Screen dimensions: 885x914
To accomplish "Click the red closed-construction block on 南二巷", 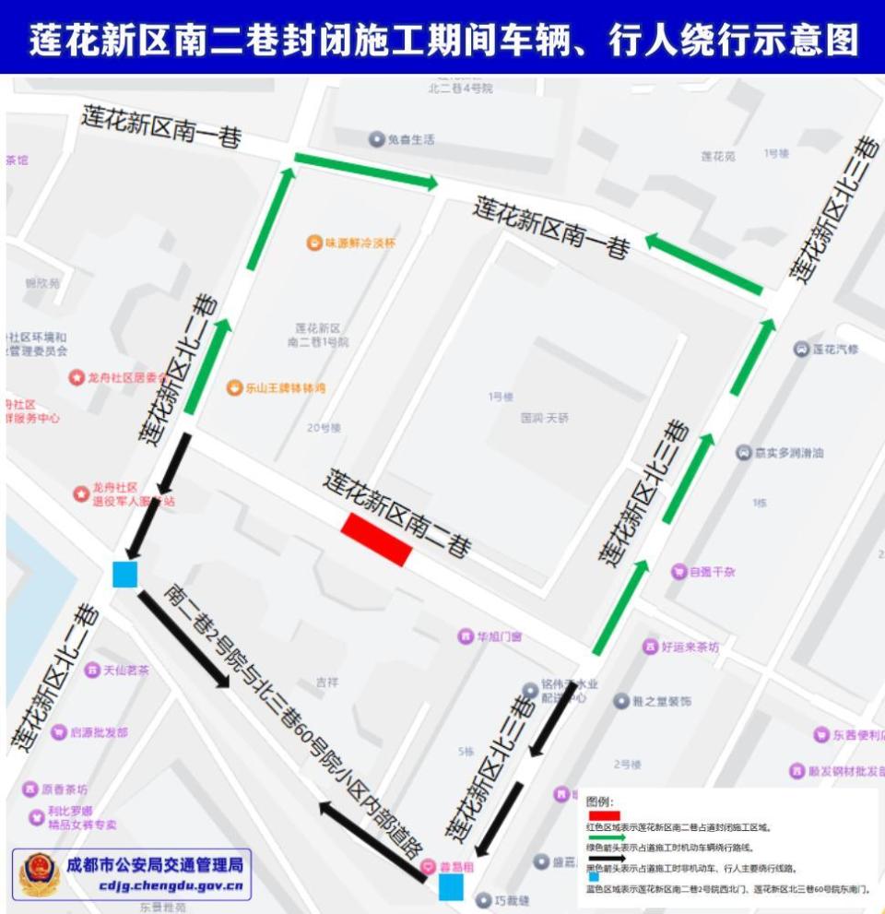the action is coord(376,539).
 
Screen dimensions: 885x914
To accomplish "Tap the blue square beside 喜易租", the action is coord(451,887).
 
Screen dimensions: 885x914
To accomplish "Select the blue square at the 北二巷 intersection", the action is coord(124,575).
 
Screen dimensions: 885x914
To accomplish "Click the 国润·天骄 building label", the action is coord(544,418).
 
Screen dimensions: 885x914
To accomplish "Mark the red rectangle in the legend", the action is coord(604,815).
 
